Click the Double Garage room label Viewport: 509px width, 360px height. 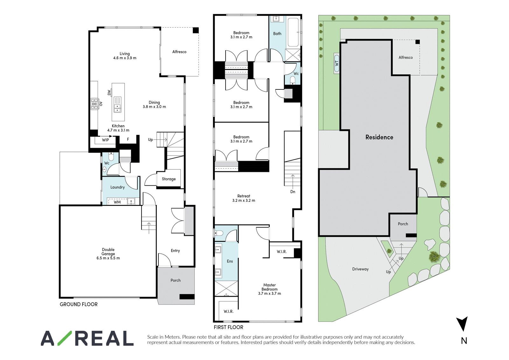[108, 254]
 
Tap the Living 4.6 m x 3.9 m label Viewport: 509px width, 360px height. [125, 56]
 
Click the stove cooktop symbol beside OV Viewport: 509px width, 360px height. [94, 104]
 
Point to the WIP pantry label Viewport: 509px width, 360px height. [105, 140]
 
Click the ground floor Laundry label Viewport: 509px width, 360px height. [117, 187]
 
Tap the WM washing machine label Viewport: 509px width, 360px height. [117, 202]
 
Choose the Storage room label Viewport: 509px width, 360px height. [169, 179]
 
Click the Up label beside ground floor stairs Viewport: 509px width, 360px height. [150, 140]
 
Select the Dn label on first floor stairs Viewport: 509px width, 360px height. [293, 192]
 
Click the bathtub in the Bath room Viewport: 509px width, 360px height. [293, 32]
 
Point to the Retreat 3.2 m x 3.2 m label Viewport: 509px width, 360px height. [244, 198]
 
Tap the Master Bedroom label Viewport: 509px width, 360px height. [269, 289]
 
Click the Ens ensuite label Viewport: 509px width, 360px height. [230, 261]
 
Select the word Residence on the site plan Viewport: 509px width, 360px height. [379, 137]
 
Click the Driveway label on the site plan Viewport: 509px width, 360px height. [360, 269]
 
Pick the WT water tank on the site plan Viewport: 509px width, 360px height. [337, 63]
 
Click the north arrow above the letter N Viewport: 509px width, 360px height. [462, 324]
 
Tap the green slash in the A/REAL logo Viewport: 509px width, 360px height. [65, 338]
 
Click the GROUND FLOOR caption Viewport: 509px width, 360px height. [79, 304]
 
